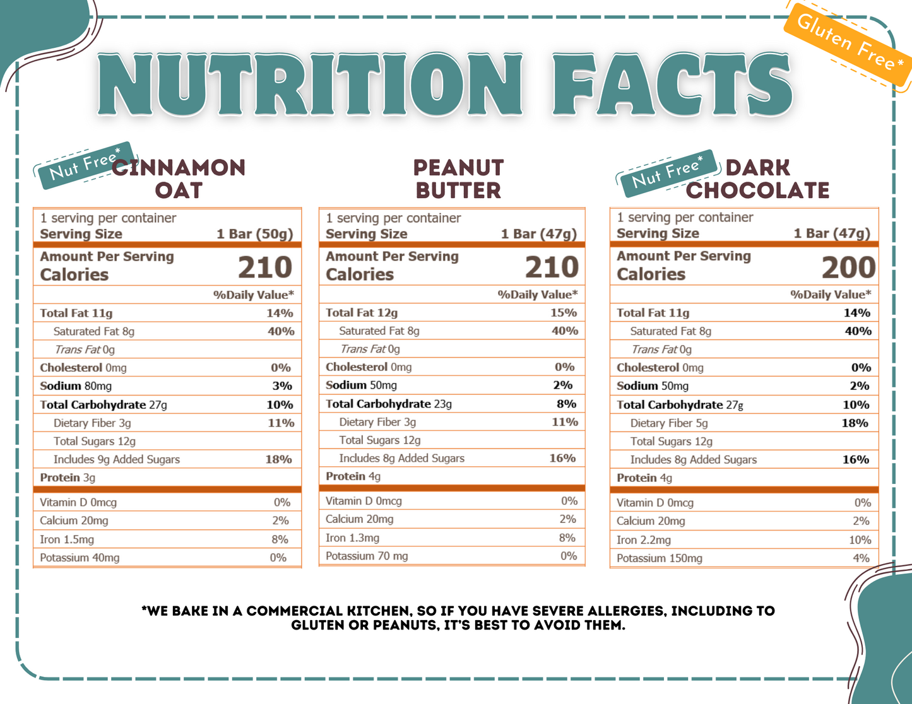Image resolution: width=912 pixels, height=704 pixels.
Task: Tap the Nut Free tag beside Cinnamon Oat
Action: pyautogui.click(x=85, y=165)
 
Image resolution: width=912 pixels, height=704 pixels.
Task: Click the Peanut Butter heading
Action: pyautogui.click(x=458, y=179)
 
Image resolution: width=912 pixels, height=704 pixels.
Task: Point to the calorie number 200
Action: pyautogui.click(x=848, y=267)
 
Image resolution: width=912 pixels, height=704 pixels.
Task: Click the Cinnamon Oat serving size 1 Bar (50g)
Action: pyautogui.click(x=255, y=234)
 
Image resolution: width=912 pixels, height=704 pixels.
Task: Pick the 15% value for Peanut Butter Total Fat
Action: pyautogui.click(x=563, y=312)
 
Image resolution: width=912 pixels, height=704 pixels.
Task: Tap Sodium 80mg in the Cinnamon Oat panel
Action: pyautogui.click(x=76, y=386)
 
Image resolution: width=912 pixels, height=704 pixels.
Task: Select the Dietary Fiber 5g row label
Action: pyautogui.click(x=669, y=423)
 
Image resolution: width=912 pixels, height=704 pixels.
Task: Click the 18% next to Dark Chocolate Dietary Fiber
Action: pyautogui.click(x=855, y=423)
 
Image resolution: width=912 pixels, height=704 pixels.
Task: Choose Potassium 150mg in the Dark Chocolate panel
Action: pyautogui.click(x=659, y=558)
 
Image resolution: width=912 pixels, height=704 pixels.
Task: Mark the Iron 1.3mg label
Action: pyautogui.click(x=352, y=538)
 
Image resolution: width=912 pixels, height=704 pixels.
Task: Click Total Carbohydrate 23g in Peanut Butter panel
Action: pyautogui.click(x=389, y=404)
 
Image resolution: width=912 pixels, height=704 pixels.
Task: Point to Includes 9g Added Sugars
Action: pyautogui.click(x=117, y=459)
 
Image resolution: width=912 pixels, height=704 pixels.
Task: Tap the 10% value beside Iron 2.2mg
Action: pyautogui.click(x=860, y=540)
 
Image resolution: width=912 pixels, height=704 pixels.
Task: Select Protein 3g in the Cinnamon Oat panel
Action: pyautogui.click(x=68, y=478)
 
